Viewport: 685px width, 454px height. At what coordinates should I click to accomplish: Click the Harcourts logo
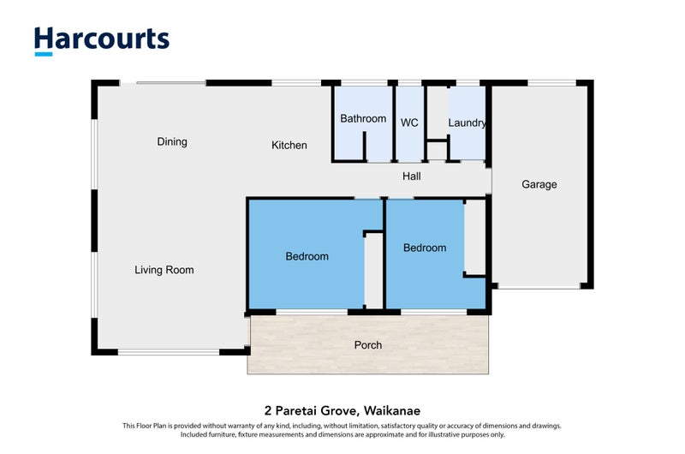(101, 40)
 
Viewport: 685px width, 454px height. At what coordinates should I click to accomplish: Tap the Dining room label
(172, 142)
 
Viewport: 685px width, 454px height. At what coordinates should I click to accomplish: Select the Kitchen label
(289, 146)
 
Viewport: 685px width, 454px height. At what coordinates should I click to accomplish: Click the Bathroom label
(363, 119)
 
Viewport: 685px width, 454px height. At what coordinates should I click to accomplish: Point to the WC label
(409, 123)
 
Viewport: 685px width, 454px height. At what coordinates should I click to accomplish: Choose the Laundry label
(468, 123)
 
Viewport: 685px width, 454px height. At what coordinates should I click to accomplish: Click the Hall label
(412, 176)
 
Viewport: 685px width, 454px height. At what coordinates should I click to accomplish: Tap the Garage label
(539, 184)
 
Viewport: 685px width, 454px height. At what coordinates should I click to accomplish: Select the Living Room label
(164, 270)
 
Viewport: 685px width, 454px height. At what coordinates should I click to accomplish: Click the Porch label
(367, 345)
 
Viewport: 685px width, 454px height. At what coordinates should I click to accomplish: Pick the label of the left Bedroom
(307, 256)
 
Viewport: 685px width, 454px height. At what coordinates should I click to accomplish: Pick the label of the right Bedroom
(425, 248)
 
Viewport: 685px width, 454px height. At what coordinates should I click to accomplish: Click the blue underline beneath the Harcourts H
(44, 54)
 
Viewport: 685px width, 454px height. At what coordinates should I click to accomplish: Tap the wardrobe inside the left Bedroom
(373, 270)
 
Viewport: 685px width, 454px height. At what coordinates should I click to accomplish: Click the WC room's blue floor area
(409, 146)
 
